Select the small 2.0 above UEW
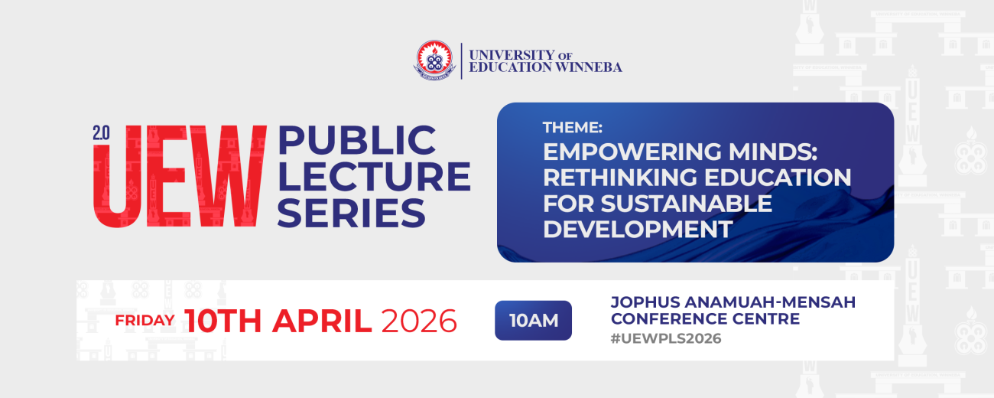[x=101, y=132]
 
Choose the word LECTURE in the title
[x=374, y=177]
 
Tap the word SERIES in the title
[x=351, y=212]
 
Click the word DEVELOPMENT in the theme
[x=638, y=229]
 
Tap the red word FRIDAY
[x=145, y=321]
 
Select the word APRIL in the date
[x=322, y=321]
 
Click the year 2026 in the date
[x=419, y=321]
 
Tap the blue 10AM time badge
[x=533, y=321]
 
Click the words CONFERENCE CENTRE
[x=705, y=319]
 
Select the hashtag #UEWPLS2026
[x=666, y=338]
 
